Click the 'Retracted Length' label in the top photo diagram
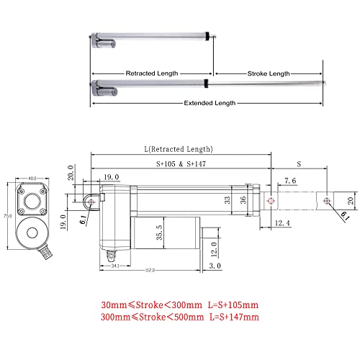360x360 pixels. click(151, 73)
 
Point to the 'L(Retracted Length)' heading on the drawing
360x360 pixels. click(179, 149)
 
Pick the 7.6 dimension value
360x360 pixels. click(292, 180)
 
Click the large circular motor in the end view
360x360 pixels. click(32, 233)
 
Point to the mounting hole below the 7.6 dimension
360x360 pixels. click(271, 201)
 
